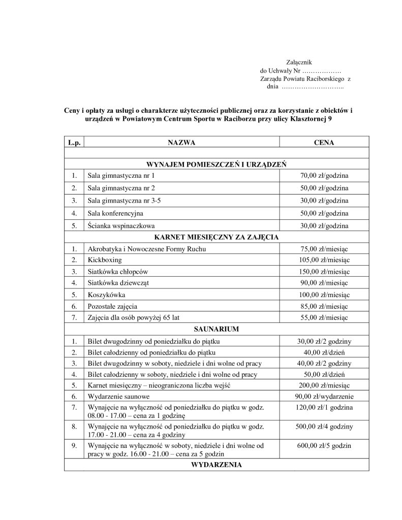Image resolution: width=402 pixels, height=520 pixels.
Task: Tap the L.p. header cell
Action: (x=74, y=144)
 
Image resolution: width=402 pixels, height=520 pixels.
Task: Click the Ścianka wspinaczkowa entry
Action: (x=121, y=225)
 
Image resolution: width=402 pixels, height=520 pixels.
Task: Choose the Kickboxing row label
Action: (x=104, y=260)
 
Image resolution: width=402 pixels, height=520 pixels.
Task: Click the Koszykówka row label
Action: (x=106, y=295)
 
